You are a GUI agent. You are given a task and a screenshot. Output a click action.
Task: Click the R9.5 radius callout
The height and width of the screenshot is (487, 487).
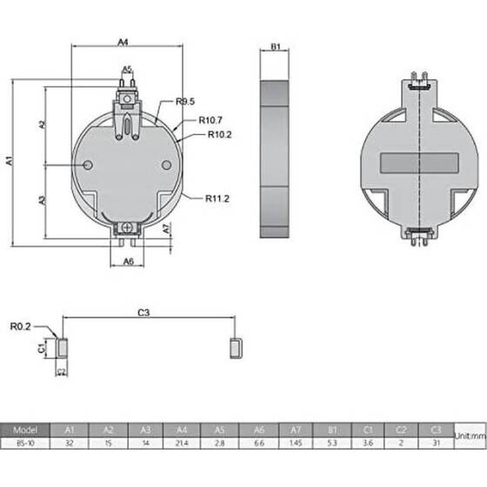(184, 102)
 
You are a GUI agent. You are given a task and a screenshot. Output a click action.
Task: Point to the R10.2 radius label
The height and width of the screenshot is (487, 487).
(217, 134)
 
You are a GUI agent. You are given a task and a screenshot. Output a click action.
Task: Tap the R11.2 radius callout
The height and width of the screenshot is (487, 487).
(217, 198)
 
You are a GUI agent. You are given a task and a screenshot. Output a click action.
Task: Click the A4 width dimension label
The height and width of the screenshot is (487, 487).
(123, 41)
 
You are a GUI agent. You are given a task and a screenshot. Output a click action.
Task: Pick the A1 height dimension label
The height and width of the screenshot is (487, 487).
(10, 160)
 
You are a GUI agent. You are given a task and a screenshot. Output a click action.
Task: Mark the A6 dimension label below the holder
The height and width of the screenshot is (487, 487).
(128, 261)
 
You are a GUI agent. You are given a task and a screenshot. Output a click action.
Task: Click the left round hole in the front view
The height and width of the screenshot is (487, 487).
(88, 165)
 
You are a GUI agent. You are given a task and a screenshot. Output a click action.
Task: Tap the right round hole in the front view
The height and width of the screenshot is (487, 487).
(167, 165)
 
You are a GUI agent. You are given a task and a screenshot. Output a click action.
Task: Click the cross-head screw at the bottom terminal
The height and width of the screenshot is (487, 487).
(128, 227)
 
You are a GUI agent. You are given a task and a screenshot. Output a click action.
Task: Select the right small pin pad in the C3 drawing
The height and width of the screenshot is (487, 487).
(236, 347)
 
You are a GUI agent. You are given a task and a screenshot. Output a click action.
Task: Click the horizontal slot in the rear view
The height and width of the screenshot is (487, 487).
(418, 163)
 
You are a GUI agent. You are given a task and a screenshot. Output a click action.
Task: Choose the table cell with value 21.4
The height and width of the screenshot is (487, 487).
(181, 443)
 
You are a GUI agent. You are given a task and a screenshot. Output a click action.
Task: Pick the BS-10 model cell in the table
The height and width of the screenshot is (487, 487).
(25, 443)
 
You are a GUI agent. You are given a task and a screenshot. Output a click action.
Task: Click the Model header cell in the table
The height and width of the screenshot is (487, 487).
(25, 430)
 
